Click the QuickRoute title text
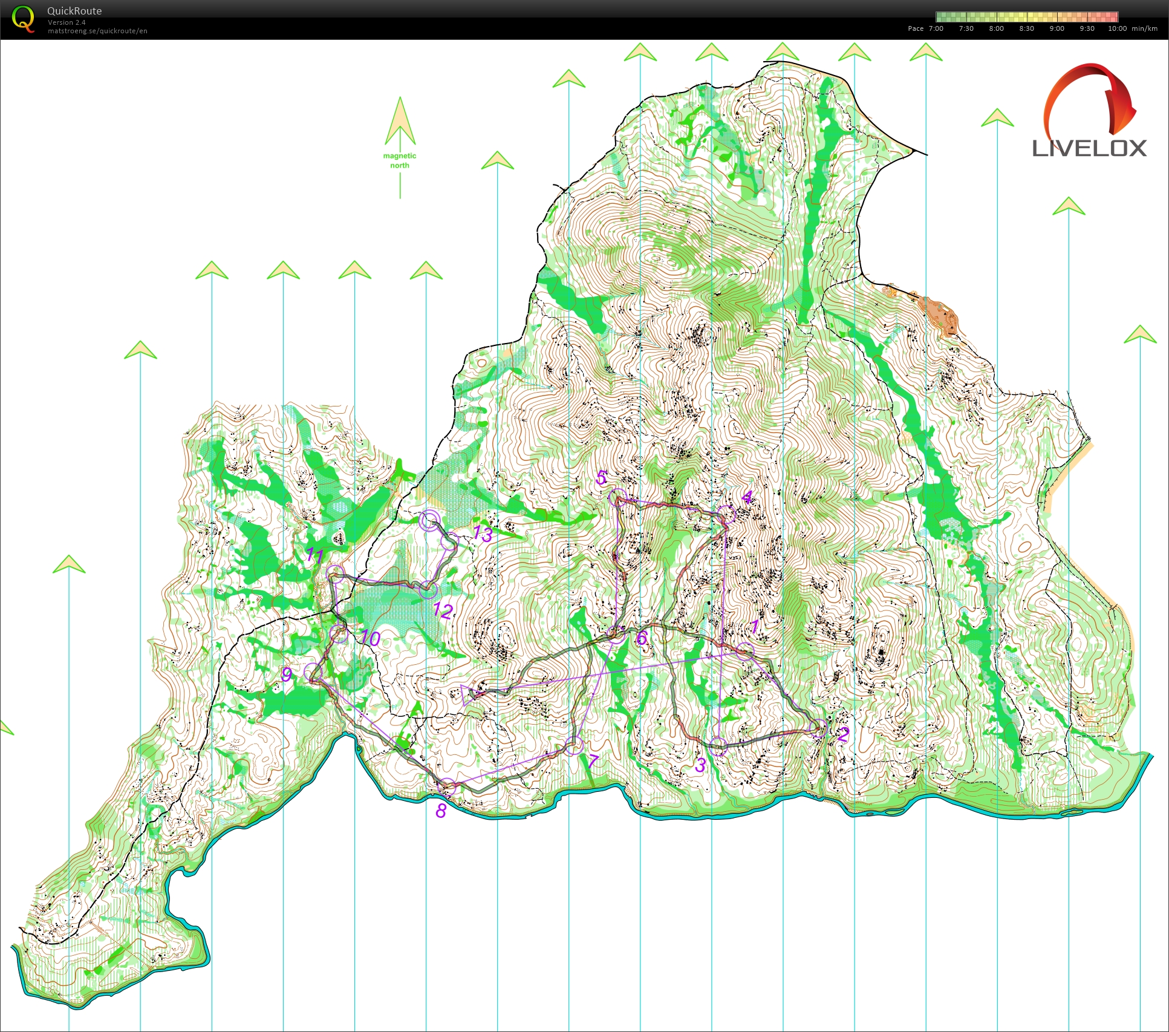point(74,11)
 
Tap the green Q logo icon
point(23,19)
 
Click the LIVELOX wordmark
point(1089,148)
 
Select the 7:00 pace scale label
point(936,28)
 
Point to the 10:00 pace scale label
point(1117,28)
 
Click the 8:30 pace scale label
point(1026,28)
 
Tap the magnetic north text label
point(400,160)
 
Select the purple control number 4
point(747,497)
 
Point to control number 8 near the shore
point(441,811)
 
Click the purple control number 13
point(482,534)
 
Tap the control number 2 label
point(842,735)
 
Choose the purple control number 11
point(314,555)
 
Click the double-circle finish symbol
point(429,520)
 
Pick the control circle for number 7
point(573,745)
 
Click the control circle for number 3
point(718,746)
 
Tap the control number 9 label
point(287,674)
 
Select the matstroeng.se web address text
point(97,31)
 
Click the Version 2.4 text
point(67,22)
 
